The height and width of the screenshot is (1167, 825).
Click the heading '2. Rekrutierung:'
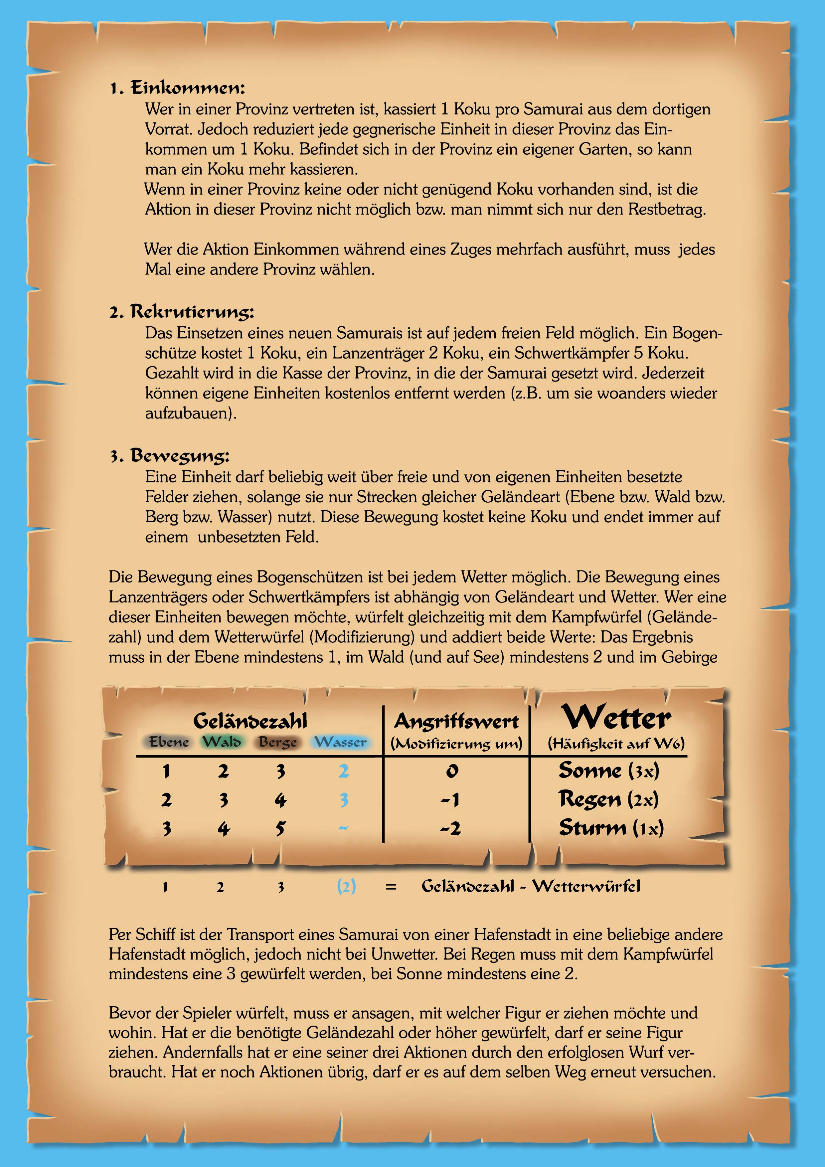(182, 312)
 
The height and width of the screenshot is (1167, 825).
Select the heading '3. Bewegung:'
(170, 455)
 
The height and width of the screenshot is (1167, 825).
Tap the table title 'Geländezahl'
(250, 721)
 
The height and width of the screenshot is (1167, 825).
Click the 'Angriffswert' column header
(456, 721)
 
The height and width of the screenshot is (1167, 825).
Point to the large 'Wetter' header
(616, 718)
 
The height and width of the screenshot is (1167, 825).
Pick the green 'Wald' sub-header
(222, 742)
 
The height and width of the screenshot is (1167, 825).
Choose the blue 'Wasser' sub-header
(341, 742)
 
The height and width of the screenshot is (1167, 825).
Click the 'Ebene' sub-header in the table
(169, 742)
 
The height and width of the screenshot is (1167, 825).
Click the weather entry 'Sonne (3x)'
(608, 770)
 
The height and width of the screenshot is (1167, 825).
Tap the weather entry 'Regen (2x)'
(608, 799)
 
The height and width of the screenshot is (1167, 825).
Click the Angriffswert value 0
(452, 771)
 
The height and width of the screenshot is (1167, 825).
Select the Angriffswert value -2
(451, 828)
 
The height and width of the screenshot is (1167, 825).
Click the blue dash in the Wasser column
(343, 828)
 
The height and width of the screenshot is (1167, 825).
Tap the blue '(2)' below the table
(346, 887)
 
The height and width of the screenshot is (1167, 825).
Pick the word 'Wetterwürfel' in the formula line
(586, 887)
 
